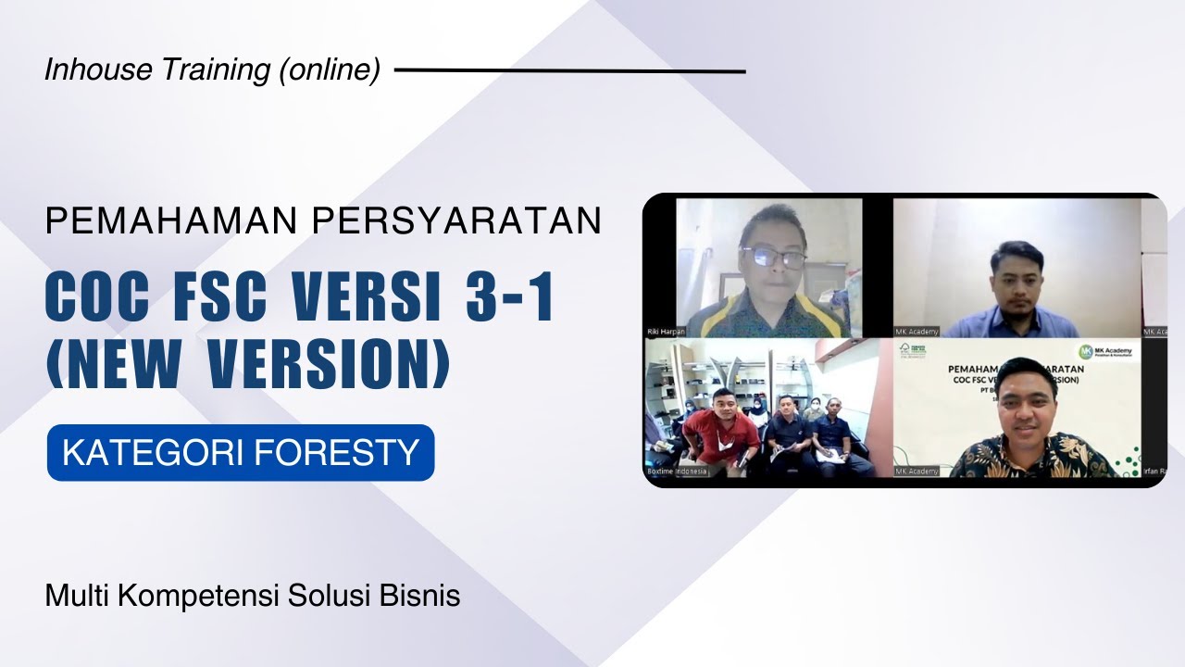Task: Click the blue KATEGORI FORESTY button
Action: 241,453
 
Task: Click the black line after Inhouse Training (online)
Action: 569,70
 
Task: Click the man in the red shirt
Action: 720,432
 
